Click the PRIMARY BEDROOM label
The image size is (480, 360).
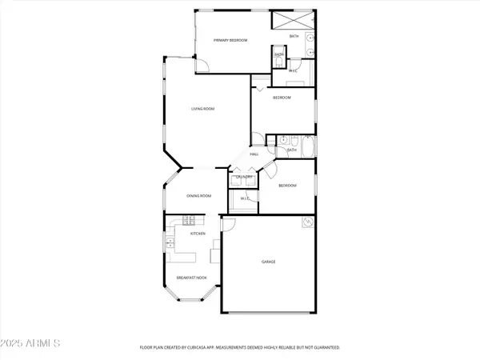click(x=230, y=40)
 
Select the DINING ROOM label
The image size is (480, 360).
click(x=198, y=195)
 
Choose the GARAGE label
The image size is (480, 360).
click(x=268, y=262)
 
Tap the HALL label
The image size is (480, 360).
click(x=253, y=154)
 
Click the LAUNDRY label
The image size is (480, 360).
click(x=244, y=177)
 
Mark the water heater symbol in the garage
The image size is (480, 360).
click(x=306, y=224)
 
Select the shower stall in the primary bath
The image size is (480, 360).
click(x=288, y=22)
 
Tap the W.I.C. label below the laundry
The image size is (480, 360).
click(x=246, y=198)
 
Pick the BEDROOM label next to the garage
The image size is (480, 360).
click(x=287, y=186)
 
